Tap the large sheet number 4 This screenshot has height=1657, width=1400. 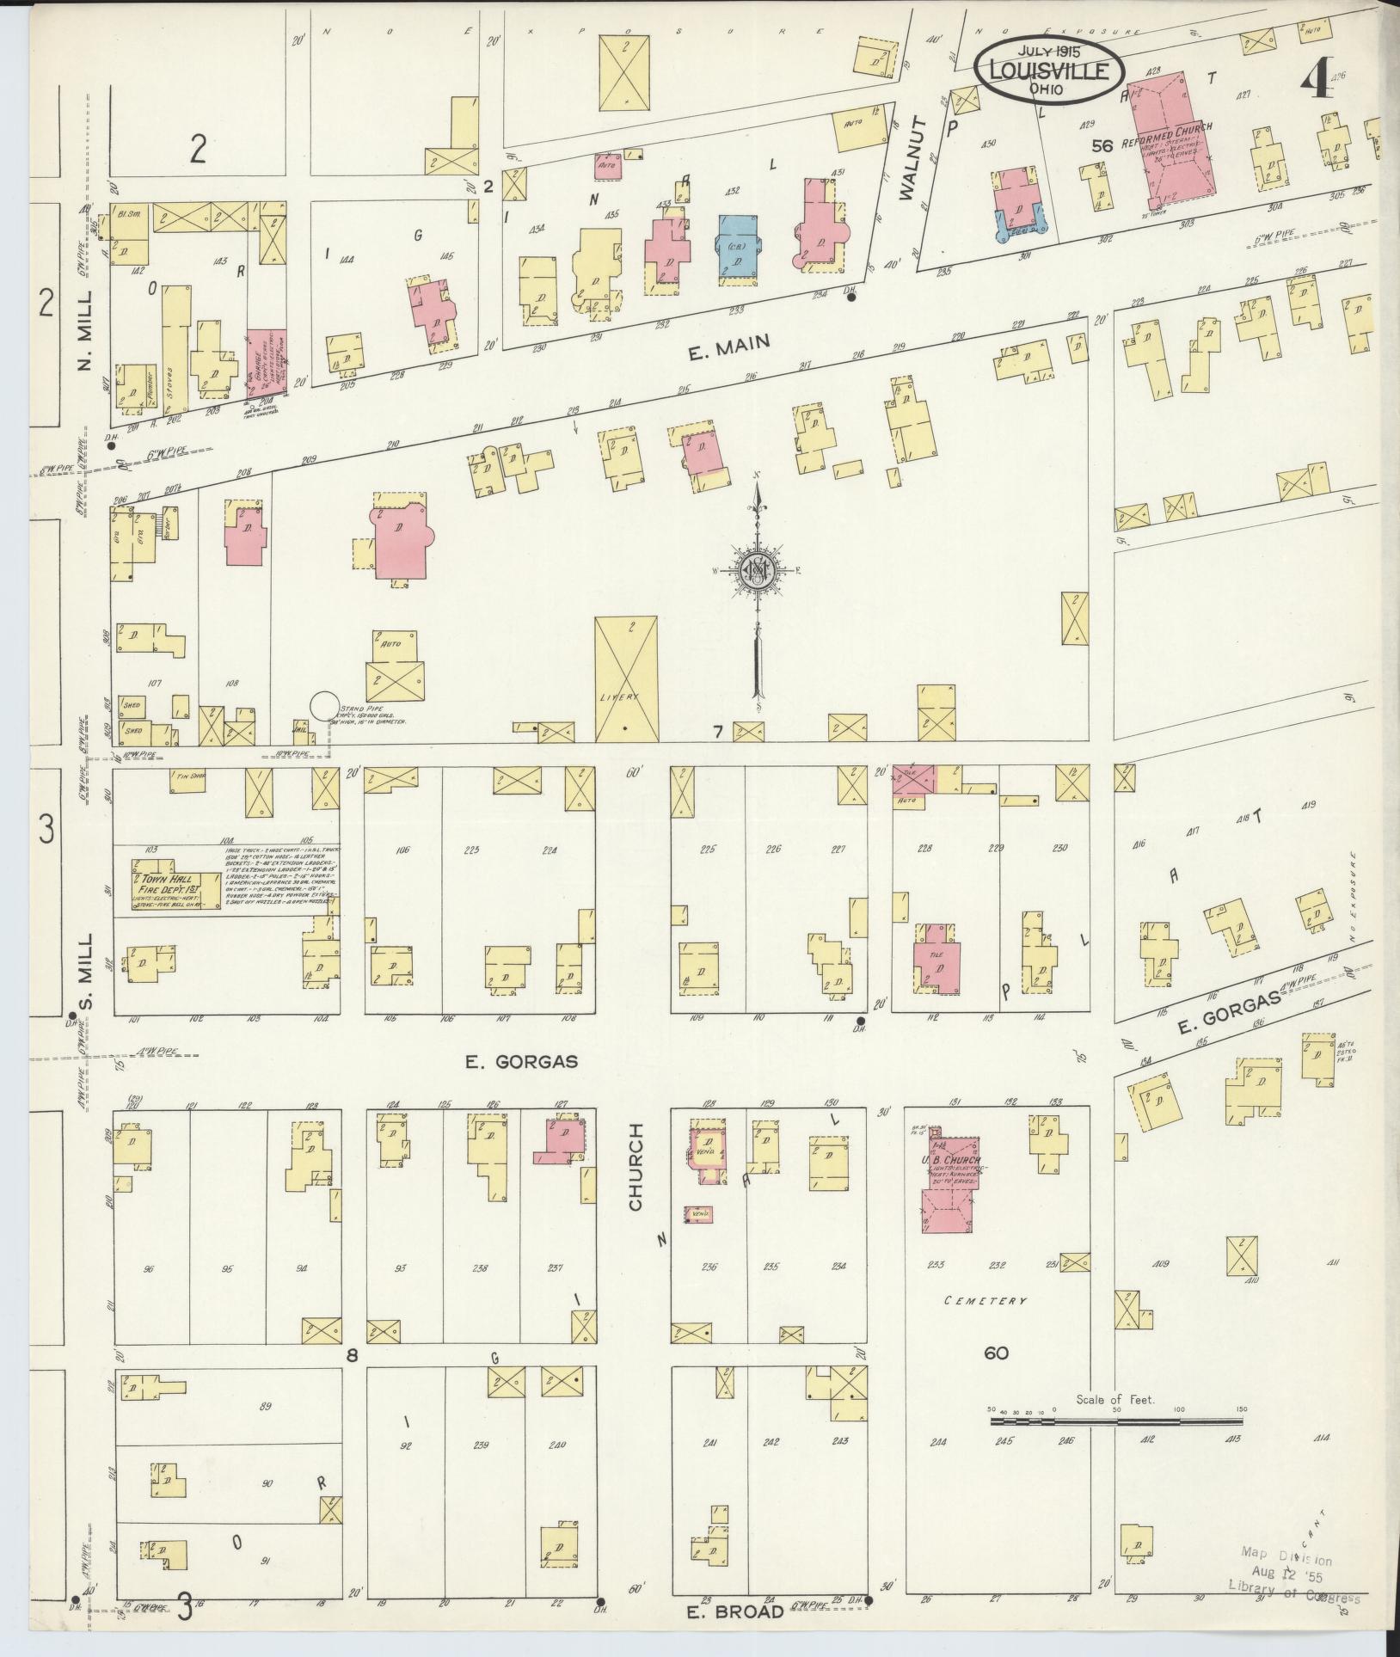pyautogui.click(x=1315, y=85)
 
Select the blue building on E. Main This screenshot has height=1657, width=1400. pyautogui.click(x=738, y=245)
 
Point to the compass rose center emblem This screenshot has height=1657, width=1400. pyautogui.click(x=757, y=570)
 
